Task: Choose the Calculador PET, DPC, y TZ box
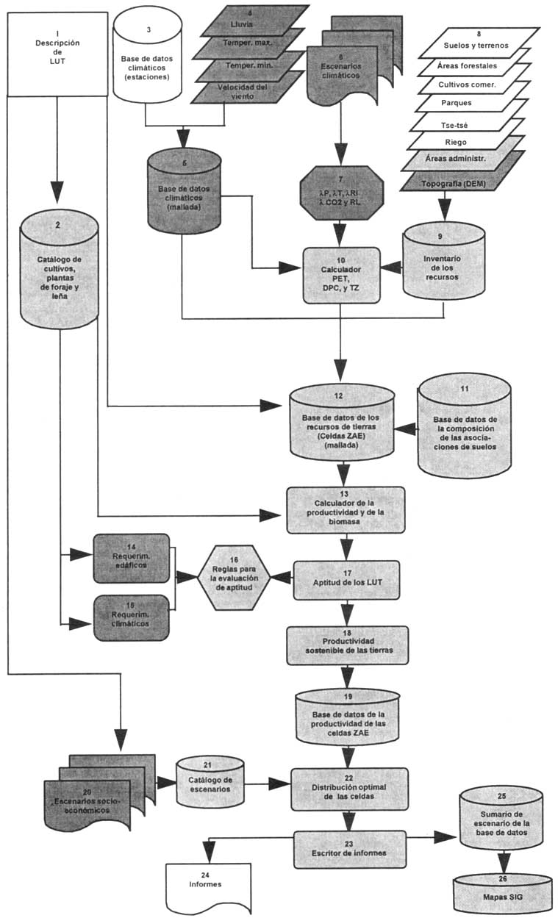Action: tap(340, 273)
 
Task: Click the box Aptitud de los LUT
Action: tap(346, 580)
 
